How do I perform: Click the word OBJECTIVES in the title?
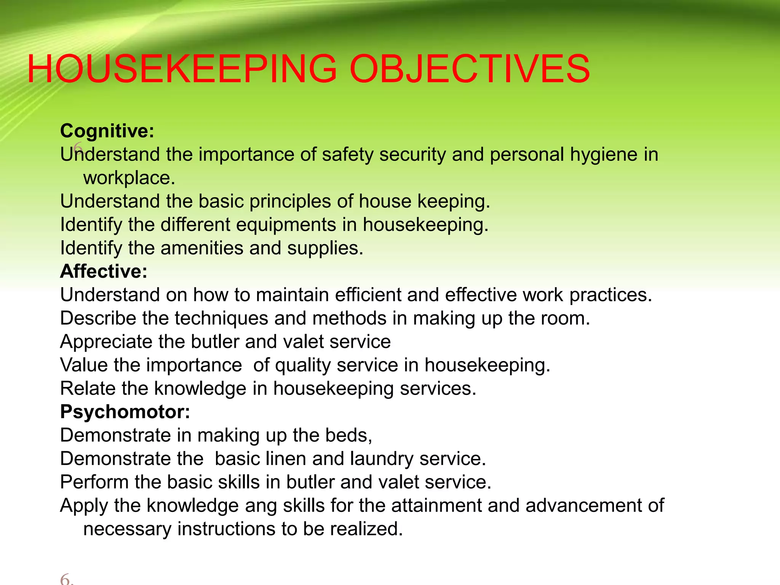point(469,69)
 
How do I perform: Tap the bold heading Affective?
point(104,272)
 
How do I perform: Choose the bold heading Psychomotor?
point(125,412)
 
